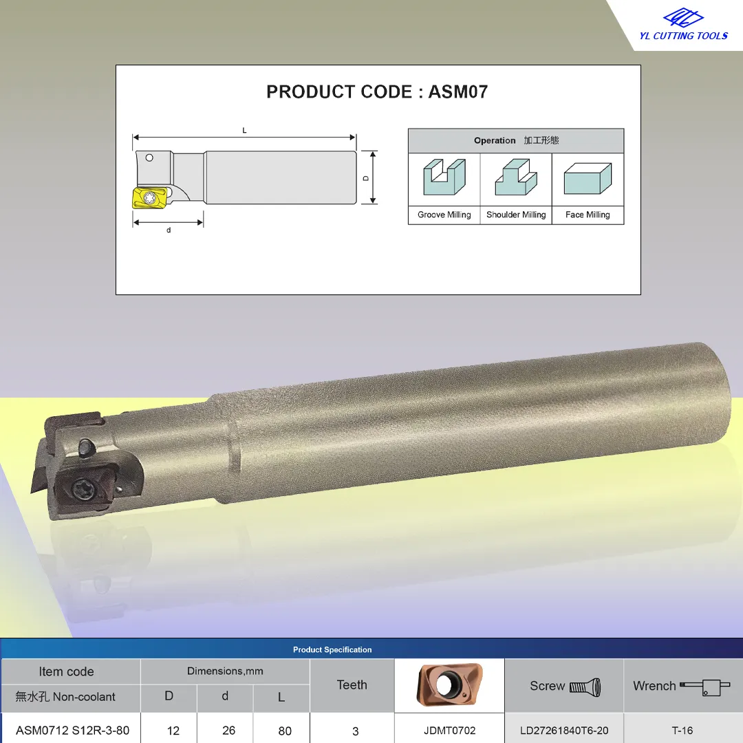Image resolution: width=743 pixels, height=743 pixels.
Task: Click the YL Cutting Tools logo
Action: pyautogui.click(x=683, y=25)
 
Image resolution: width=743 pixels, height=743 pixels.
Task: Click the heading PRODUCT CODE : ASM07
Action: pyautogui.click(x=377, y=92)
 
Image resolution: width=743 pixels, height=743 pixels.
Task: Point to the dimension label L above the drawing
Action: pyautogui.click(x=244, y=130)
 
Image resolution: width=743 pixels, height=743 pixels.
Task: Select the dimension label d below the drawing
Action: pyautogui.click(x=169, y=230)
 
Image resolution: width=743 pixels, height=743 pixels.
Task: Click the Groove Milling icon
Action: pyautogui.click(x=444, y=177)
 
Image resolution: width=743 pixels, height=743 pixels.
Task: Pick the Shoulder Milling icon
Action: pyautogui.click(x=516, y=177)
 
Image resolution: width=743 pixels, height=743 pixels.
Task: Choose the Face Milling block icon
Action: pyautogui.click(x=588, y=179)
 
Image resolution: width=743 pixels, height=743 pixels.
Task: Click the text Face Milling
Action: pyautogui.click(x=588, y=215)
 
